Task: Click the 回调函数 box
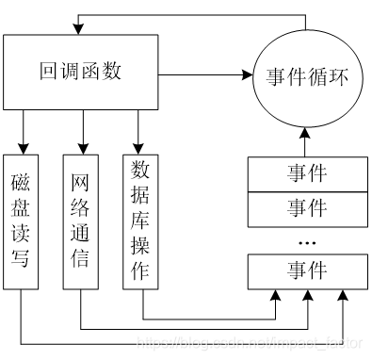pos(83,73)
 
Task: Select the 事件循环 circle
pos(306,77)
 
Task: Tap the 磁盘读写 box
pos(21,218)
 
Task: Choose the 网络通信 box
pos(81,218)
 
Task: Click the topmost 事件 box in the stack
pos(306,174)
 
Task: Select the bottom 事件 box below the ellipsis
pos(306,271)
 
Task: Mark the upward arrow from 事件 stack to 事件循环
pos(306,140)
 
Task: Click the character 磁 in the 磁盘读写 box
pos(21,181)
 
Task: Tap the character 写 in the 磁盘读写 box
pos(21,255)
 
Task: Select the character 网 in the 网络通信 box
pos(81,181)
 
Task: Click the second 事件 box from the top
pos(306,205)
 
